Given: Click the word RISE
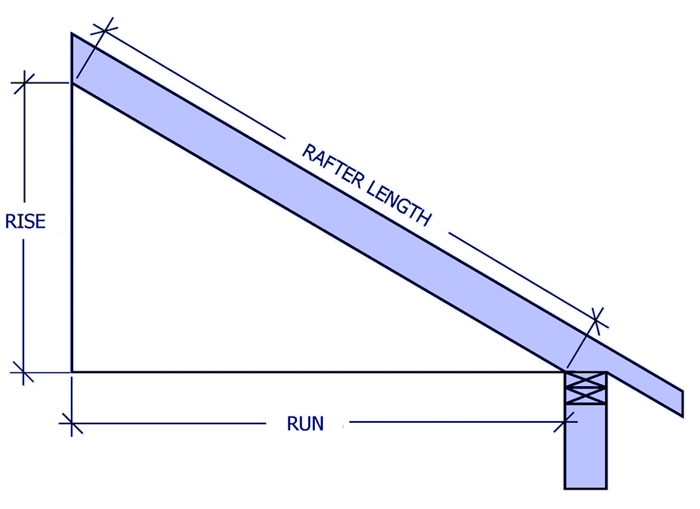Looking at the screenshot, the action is pos(26,221).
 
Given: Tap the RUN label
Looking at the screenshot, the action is pos(306,424).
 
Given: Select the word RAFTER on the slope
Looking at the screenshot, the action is pos(332,166).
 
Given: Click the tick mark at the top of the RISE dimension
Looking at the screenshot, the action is pos(24,83).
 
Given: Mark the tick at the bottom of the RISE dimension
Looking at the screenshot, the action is pos(23,372).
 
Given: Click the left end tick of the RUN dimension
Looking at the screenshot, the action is pos(72,423).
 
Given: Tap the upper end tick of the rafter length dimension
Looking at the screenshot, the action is pos(104,30).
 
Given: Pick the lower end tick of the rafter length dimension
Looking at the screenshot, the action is pos(596,319).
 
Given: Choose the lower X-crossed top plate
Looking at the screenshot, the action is pos(586,396).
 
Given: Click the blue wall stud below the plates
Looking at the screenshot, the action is pos(586,446).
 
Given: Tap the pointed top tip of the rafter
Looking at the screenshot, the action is pos(72,33).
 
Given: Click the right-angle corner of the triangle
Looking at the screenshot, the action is pos(72,371).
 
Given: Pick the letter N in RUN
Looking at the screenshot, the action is pos(318,424).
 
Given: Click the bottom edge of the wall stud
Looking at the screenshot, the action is pos(586,489).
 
